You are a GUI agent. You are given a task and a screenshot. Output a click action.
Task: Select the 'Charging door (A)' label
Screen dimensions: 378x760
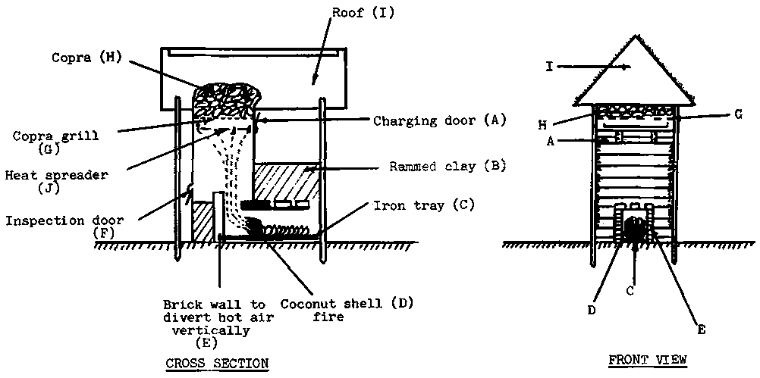tap(438, 120)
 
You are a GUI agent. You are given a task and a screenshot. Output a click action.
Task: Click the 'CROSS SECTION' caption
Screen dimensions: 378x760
tap(216, 363)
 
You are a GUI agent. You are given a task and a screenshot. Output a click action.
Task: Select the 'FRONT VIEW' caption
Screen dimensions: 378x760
tap(649, 359)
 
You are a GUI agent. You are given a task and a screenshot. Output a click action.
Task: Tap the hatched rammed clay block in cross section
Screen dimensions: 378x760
tap(283, 182)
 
